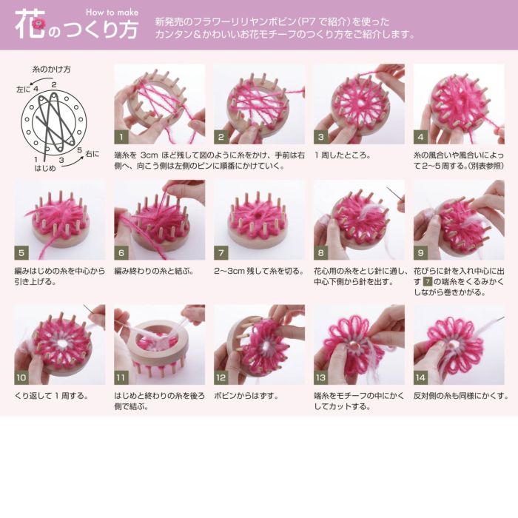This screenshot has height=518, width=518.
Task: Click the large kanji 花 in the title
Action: click(x=29, y=24)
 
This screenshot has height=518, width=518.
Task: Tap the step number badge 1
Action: click(x=121, y=137)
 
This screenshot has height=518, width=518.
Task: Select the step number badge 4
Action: click(x=420, y=137)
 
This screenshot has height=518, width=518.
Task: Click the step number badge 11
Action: click(x=121, y=377)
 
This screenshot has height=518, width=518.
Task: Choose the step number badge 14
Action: click(x=420, y=377)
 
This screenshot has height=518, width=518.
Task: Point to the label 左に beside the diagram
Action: click(x=22, y=89)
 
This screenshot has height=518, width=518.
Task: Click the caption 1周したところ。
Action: click(x=343, y=156)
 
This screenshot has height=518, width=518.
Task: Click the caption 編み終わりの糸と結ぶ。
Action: click(x=154, y=272)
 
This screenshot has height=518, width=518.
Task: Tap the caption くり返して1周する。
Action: click(x=52, y=396)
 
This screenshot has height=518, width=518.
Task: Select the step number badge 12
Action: click(x=221, y=377)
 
